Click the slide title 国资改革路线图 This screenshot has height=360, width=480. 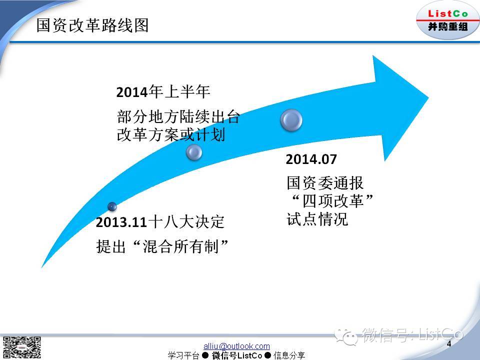pyautogui.click(x=92, y=25)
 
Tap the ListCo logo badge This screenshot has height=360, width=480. pyautogui.click(x=447, y=20)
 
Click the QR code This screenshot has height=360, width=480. pyautogui.click(x=21, y=347)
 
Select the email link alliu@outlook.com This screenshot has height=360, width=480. pyautogui.click(x=236, y=346)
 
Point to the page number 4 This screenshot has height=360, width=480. pyautogui.click(x=449, y=343)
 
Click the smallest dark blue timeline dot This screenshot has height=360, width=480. pyautogui.click(x=112, y=206)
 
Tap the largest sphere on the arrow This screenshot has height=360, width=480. pyautogui.click(x=291, y=120)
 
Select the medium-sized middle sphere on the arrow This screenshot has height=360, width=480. pyautogui.click(x=194, y=152)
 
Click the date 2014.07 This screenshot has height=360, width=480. pyautogui.click(x=311, y=159)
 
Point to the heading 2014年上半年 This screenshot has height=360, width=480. pyautogui.click(x=163, y=92)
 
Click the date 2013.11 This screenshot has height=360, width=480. pyautogui.click(x=121, y=222)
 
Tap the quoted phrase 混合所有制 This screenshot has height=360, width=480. pyautogui.click(x=181, y=246)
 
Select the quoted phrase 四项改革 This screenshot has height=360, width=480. pyautogui.click(x=333, y=201)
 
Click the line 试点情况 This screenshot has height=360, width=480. pyautogui.click(x=317, y=219)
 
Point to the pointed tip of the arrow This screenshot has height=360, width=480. pyautogui.click(x=428, y=98)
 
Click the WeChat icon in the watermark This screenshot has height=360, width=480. pyautogui.click(x=346, y=336)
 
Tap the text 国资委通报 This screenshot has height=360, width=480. pyautogui.click(x=325, y=183)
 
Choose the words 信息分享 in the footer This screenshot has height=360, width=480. pyautogui.click(x=289, y=355)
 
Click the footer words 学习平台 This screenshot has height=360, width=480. pyautogui.click(x=183, y=355)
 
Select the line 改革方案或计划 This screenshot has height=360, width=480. pyautogui.click(x=171, y=134)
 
